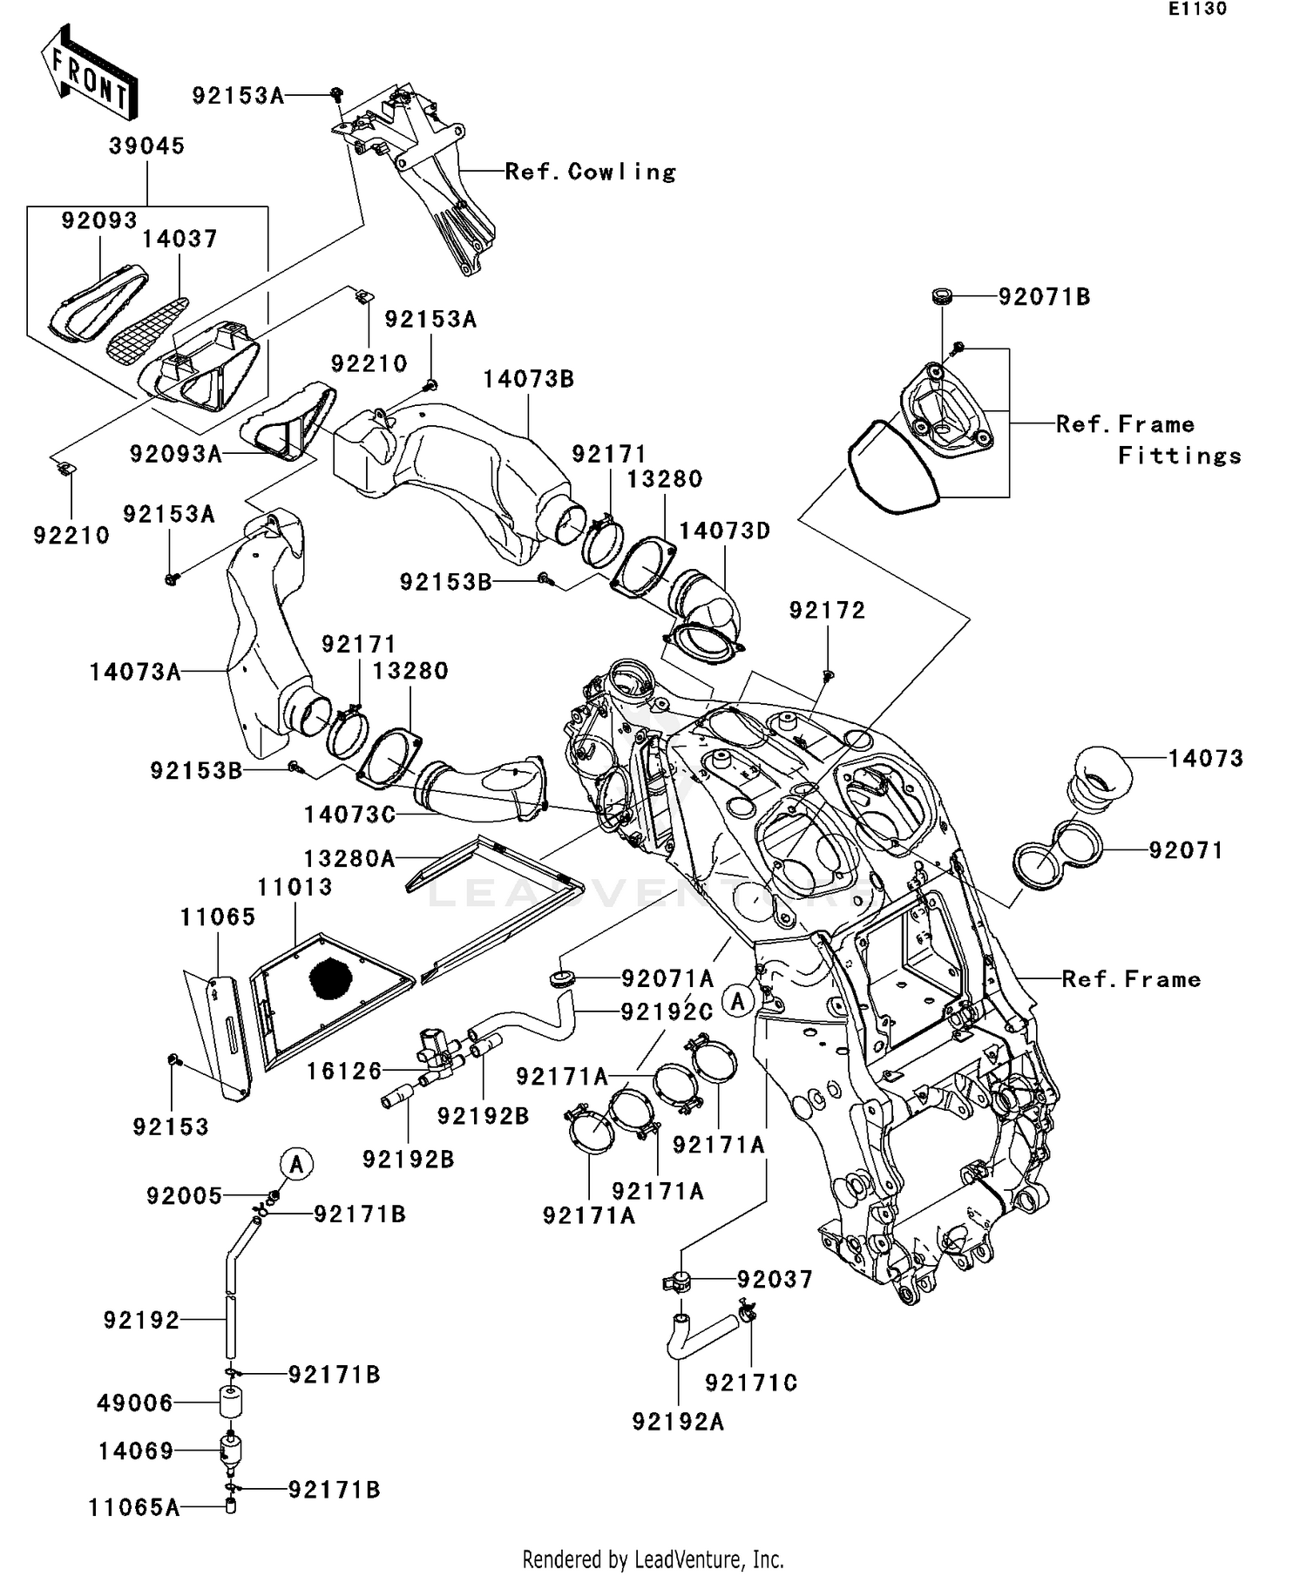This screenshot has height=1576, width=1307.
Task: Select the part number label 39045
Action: click(146, 145)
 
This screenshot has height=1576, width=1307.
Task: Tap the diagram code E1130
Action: click(1197, 9)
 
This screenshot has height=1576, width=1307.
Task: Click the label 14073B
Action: click(528, 379)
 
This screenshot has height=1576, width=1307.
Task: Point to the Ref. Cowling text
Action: click(590, 172)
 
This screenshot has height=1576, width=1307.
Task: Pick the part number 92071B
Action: click(1044, 297)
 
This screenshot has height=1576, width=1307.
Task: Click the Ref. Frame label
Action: click(1131, 979)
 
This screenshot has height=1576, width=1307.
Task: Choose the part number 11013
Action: click(295, 887)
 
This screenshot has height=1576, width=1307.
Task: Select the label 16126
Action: click(344, 1071)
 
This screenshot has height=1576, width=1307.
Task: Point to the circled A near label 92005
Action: click(296, 1163)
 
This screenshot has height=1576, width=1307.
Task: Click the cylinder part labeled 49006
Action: click(230, 1403)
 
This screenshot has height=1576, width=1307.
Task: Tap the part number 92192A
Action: click(678, 1423)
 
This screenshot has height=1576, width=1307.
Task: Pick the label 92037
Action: click(775, 1280)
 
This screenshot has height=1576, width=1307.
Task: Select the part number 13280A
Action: click(349, 859)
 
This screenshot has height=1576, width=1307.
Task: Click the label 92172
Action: click(827, 611)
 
